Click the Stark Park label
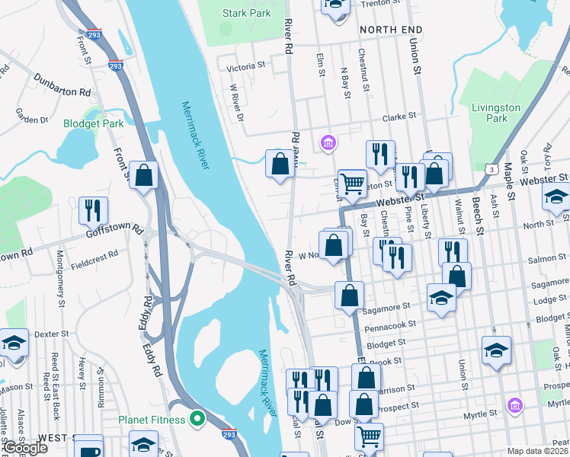(x=246, y=13)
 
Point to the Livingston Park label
(x=495, y=113)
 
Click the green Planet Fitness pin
(x=198, y=419)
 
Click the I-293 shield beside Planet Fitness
(x=229, y=433)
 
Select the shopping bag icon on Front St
(x=143, y=176)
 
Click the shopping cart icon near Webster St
(x=351, y=183)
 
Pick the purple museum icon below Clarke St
(x=328, y=142)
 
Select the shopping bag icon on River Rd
(x=280, y=163)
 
